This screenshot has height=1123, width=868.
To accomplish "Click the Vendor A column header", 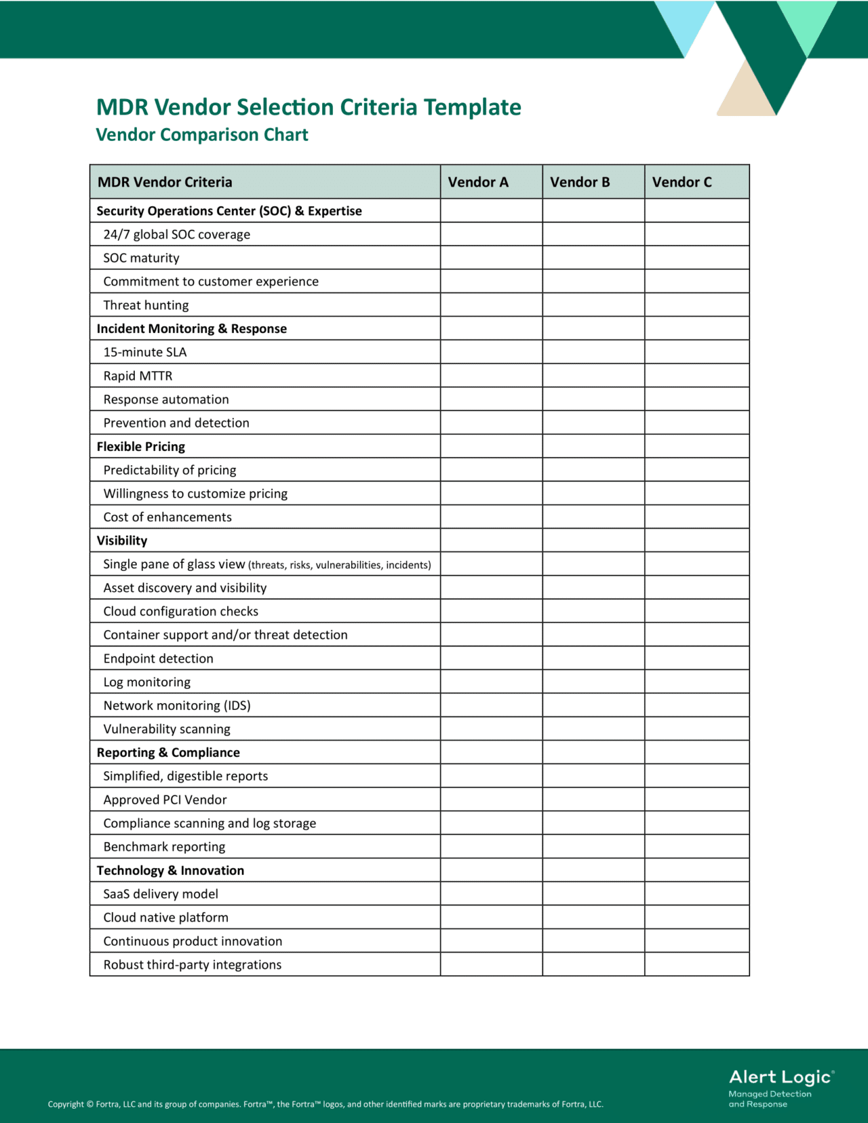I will [478, 182].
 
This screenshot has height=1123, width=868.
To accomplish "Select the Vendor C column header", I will [682, 182].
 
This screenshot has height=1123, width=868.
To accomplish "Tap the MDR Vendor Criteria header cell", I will [165, 182].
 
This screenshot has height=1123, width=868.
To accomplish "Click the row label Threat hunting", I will [146, 305].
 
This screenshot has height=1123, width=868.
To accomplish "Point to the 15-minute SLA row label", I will [144, 352].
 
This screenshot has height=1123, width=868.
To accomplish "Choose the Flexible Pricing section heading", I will [140, 446].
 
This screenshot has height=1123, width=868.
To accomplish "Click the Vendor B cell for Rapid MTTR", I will [593, 376].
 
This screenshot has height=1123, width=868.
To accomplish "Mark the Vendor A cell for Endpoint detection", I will [491, 658].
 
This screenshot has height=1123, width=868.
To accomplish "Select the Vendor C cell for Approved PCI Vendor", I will [696, 800].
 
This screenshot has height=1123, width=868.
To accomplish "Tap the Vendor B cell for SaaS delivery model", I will [593, 894].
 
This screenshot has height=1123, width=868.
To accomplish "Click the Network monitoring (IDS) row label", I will [176, 705].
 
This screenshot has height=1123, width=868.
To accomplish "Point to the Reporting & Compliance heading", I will [168, 753].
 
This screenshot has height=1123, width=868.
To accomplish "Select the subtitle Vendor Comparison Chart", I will [201, 135].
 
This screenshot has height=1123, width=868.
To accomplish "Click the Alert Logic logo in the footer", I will [781, 1087].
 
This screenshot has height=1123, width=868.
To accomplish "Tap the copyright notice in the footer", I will [325, 1104].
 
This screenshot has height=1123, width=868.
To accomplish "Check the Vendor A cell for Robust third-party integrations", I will [491, 964].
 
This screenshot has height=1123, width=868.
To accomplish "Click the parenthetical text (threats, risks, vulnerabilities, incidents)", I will [339, 565].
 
